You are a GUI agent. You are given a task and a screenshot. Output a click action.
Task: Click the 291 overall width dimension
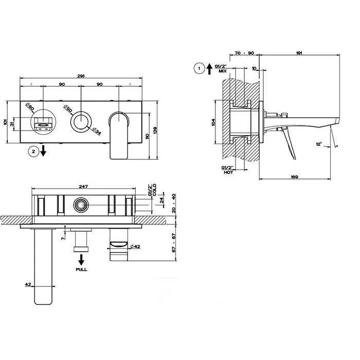point(81,76)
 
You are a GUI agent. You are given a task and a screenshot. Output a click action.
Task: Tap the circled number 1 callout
point(199,68)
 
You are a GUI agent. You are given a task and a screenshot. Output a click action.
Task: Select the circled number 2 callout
point(33,151)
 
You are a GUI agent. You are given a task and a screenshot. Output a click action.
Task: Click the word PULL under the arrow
point(81,269)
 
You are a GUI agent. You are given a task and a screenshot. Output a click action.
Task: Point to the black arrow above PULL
point(81,260)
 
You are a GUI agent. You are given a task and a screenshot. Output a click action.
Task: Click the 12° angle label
point(319,144)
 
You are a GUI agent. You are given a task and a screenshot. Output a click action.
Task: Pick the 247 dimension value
point(83,186)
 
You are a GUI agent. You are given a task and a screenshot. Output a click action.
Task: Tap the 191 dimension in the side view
point(299,53)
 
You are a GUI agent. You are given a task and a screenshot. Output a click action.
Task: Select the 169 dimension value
point(294,177)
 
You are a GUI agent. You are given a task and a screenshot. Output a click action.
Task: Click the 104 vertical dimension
point(213,122)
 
